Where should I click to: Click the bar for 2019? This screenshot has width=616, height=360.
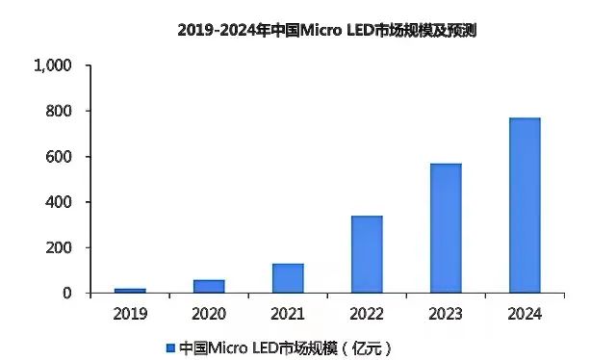pyautogui.click(x=130, y=290)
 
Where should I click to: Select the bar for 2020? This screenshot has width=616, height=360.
pyautogui.click(x=209, y=286)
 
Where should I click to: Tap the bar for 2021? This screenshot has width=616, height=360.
pyautogui.click(x=288, y=277)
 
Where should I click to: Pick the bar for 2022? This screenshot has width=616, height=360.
pyautogui.click(x=367, y=254)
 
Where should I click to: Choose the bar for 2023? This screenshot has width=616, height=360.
pyautogui.click(x=446, y=228)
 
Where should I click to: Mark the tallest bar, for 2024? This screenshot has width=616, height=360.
pyautogui.click(x=525, y=205)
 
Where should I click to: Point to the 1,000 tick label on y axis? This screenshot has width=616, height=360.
pyautogui.click(x=53, y=66)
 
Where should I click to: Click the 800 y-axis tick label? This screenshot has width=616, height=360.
pyautogui.click(x=60, y=112)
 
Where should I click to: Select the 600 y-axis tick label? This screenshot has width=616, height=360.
pyautogui.click(x=60, y=157)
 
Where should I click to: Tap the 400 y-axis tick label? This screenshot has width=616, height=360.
pyautogui.click(x=60, y=202)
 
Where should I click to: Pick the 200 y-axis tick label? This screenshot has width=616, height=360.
pyautogui.click(x=60, y=247)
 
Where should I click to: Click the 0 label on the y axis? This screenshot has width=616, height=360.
pyautogui.click(x=67, y=293)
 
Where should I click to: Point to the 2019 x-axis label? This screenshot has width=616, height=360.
pyautogui.click(x=130, y=314)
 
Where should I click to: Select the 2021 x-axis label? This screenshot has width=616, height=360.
pyautogui.click(x=288, y=314)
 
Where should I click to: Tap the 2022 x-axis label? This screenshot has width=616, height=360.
pyautogui.click(x=367, y=314)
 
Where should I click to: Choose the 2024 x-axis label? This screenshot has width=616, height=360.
pyautogui.click(x=525, y=314)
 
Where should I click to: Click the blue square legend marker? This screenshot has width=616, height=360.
pyautogui.click(x=170, y=347)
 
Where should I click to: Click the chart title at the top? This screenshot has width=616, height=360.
pyautogui.click(x=327, y=30)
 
